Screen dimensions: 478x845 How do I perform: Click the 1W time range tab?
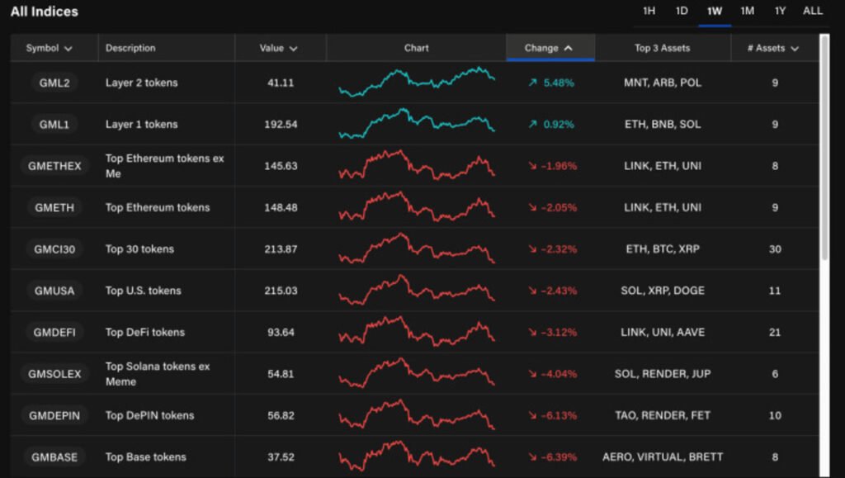pos(715,11)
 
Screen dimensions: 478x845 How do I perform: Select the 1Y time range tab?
pos(780,11)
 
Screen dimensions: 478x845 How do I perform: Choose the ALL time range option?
pos(813,11)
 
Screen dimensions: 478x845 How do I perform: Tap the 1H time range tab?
pos(649,11)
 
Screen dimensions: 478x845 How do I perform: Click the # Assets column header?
pos(773,48)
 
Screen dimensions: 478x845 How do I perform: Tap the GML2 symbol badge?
pos(54,83)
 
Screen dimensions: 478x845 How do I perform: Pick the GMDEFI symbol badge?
pos(54,332)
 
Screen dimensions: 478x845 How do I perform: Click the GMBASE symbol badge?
pos(54,457)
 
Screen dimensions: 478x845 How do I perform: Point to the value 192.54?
pos(281,125)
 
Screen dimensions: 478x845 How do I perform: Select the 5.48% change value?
pos(558,83)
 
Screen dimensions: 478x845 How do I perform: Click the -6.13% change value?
pos(558,415)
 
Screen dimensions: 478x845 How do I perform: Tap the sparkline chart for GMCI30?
pos(416,248)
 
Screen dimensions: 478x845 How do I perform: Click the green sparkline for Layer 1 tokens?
pos(416,123)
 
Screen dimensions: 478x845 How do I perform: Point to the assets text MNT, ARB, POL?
pos(663,83)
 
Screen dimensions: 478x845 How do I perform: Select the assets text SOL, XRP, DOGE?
pos(663,291)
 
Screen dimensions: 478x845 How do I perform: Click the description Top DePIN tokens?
pos(149,415)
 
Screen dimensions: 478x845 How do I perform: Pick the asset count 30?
pos(775,248)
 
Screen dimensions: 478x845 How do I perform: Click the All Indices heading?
pos(45,12)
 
